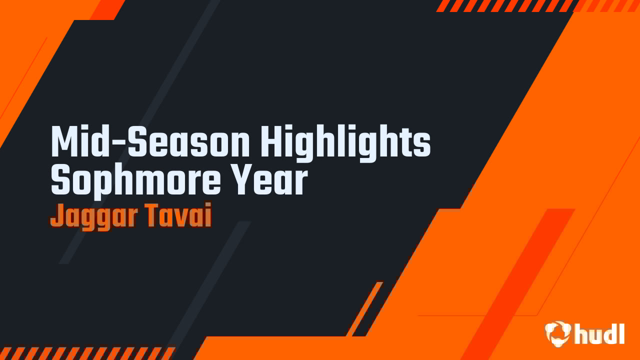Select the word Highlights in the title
tap(345, 142)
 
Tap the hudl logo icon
tap(558, 333)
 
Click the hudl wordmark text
tap(599, 333)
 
